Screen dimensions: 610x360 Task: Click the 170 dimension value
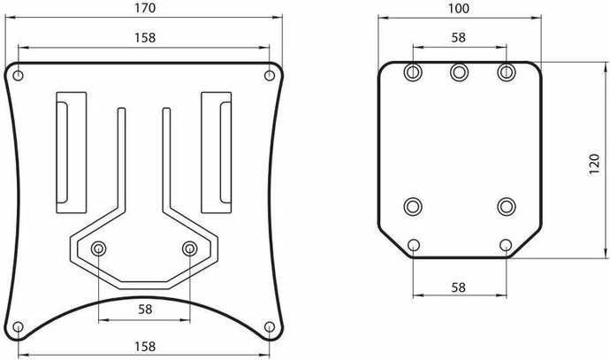coord(145,8)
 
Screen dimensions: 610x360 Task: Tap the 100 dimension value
coord(459,8)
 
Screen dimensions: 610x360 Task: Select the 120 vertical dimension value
coord(594,164)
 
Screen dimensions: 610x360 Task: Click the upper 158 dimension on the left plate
coord(145,38)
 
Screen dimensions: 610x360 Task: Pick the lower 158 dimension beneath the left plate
coord(145,346)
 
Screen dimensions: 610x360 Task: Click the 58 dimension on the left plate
coord(145,310)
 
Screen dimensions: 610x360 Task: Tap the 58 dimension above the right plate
coord(459,37)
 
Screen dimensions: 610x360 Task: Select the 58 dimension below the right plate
coord(459,287)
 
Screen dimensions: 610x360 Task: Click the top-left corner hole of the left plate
coord(19,75)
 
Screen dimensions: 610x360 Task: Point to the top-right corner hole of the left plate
coord(270,75)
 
